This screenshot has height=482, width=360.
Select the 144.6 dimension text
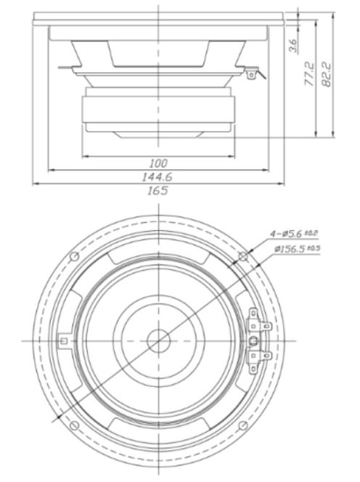tap(158, 176)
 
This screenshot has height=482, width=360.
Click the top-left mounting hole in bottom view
tap(75, 256)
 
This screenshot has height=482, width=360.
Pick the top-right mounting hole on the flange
tap(243, 256)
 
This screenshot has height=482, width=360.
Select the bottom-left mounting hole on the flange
tap(75, 424)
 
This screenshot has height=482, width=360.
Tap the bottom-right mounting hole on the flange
tap(243, 424)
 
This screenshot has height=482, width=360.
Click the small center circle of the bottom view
tap(159, 340)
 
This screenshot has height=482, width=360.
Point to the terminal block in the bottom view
tap(255, 340)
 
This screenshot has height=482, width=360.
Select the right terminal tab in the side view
tap(252, 73)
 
